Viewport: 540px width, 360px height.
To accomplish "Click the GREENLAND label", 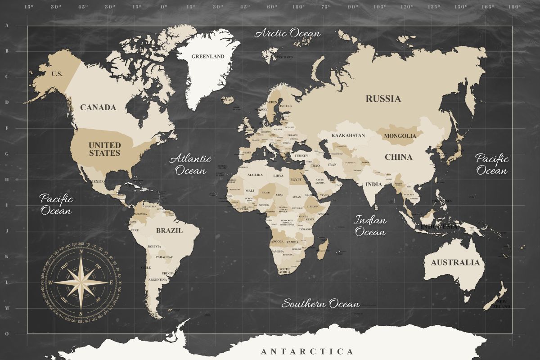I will pyautogui.click(x=207, y=57).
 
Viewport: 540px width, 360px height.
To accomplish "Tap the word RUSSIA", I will pyautogui.click(x=383, y=99).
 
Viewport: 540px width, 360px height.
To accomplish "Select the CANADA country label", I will pyautogui.click(x=98, y=108).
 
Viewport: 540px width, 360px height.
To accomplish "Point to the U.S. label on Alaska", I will pyautogui.click(x=57, y=74).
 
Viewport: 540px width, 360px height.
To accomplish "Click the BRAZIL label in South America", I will pyautogui.click(x=169, y=230).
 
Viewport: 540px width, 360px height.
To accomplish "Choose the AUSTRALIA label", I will pyautogui.click(x=455, y=262).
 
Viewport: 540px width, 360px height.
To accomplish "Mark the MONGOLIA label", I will pyautogui.click(x=400, y=135).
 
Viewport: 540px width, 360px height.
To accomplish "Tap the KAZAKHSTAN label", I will pyautogui.click(x=348, y=135).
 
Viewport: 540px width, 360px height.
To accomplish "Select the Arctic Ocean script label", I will pyautogui.click(x=288, y=33).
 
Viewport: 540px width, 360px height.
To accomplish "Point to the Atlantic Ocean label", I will pyautogui.click(x=190, y=164).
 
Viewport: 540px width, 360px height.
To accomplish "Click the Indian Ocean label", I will pyautogui.click(x=370, y=226).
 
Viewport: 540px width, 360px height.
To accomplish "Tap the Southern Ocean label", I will pyautogui.click(x=320, y=304).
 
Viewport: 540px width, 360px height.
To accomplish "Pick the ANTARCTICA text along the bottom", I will pyautogui.click(x=307, y=351).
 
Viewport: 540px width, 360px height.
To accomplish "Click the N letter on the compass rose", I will pyautogui.click(x=81, y=252).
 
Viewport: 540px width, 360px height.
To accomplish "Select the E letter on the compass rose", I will pyautogui.click(x=111, y=283).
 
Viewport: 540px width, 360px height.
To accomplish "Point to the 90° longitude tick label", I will pyautogui.click(x=352, y=7).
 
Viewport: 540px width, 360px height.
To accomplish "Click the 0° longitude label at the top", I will pyautogui.click(x=164, y=7).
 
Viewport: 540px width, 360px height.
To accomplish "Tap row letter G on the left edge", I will pyautogui.click(x=7, y=153).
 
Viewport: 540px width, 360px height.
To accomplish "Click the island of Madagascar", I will pyautogui.click(x=322, y=248).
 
